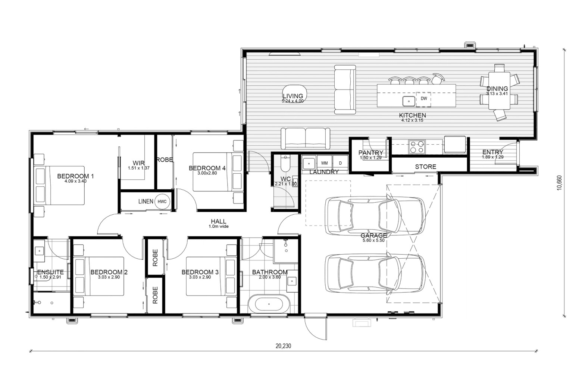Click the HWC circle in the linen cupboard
[x=162, y=201]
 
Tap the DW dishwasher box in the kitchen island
[x=423, y=99]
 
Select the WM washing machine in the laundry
[x=324, y=163]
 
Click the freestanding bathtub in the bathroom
[x=269, y=304]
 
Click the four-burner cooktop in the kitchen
[x=417, y=147]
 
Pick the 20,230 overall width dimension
[x=284, y=346]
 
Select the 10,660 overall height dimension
[x=559, y=183]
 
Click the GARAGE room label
[x=373, y=236]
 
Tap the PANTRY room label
[x=371, y=152]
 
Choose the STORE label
[x=426, y=167]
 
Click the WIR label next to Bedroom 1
[x=138, y=163]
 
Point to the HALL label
[x=219, y=221]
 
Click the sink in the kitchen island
[x=409, y=101]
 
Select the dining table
[x=499, y=91]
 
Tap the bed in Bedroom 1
[x=59, y=185]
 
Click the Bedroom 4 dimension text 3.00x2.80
[x=207, y=173]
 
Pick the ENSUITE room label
[x=50, y=272]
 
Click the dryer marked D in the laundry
[x=340, y=163]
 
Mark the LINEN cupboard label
[x=146, y=201]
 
